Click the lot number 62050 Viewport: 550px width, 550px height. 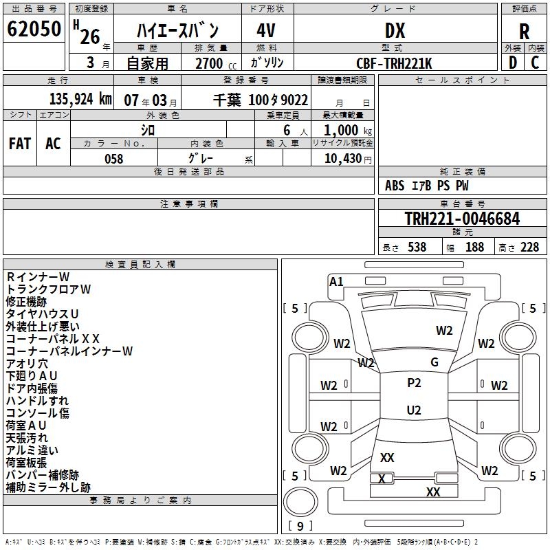pyautogui.click(x=34, y=29)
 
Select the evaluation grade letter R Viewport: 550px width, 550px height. pyautogui.click(x=524, y=31)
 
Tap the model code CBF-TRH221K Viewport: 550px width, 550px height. pyautogui.click(x=395, y=63)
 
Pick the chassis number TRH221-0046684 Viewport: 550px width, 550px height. pyautogui.click(x=462, y=219)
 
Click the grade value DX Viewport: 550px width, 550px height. pyautogui.click(x=395, y=31)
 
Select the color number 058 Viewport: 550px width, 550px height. pyautogui.click(x=113, y=159)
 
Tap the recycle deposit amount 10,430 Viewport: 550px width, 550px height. pyautogui.click(x=342, y=159)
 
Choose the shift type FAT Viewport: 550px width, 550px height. pyautogui.click(x=20, y=144)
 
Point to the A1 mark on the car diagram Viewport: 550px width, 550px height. pyautogui.click(x=336, y=282)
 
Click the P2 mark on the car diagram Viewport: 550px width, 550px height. pyautogui.click(x=414, y=383)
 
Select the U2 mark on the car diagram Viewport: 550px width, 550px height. pyautogui.click(x=414, y=410)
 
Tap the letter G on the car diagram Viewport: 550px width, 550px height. pyautogui.click(x=434, y=362)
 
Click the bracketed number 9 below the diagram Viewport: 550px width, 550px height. pyautogui.click(x=299, y=527)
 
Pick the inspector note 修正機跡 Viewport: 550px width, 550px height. pyautogui.click(x=26, y=302)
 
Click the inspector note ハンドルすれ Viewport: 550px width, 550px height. pyautogui.click(x=37, y=401)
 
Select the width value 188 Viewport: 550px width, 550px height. pyautogui.click(x=474, y=247)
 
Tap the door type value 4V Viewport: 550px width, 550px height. pyautogui.click(x=267, y=31)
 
